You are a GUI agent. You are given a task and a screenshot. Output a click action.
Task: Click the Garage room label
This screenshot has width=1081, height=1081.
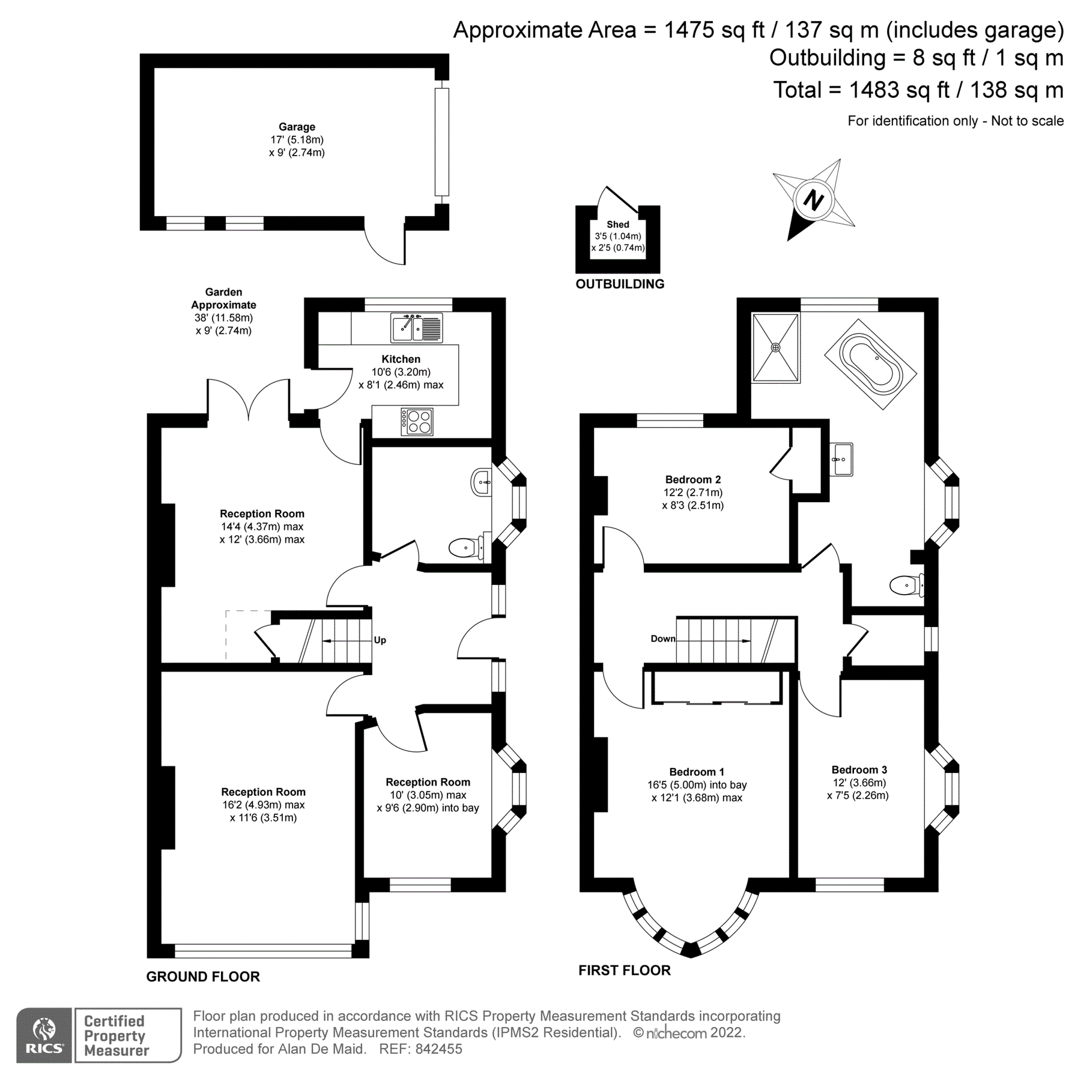pyautogui.click(x=297, y=127)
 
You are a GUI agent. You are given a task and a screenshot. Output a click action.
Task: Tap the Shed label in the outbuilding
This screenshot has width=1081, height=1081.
pyautogui.click(x=617, y=225)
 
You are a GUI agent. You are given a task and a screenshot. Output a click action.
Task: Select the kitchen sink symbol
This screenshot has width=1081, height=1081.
pyautogui.click(x=417, y=328)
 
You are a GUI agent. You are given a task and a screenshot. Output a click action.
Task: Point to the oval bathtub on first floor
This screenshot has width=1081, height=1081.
pyautogui.click(x=871, y=364)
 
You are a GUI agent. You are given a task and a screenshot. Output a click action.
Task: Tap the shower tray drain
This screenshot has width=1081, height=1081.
pyautogui.click(x=776, y=347)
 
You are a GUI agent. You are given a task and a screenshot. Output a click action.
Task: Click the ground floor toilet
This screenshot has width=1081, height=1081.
pyautogui.click(x=465, y=547)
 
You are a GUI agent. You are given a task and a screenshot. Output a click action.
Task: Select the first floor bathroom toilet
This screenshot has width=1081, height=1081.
pyautogui.click(x=906, y=584)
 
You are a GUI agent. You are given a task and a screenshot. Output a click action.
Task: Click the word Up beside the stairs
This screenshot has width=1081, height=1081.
pyautogui.click(x=380, y=640)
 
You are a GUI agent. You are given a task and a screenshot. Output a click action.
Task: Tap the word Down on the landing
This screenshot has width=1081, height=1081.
pyautogui.click(x=662, y=638)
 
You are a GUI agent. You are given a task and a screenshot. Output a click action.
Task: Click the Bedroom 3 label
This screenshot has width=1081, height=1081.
pyautogui.click(x=859, y=770)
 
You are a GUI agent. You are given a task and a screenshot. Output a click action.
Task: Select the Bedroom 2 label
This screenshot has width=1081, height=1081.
pyautogui.click(x=692, y=479)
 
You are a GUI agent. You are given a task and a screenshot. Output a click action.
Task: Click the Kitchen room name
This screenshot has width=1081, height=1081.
pyautogui.click(x=401, y=359)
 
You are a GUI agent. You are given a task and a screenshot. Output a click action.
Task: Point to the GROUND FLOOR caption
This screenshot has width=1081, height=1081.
pyautogui.click(x=203, y=993)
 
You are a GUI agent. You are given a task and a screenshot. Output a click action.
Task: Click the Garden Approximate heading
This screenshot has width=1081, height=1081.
pyautogui.click(x=223, y=298)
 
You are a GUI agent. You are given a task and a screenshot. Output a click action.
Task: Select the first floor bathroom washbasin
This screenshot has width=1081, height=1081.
pyautogui.click(x=841, y=459)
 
